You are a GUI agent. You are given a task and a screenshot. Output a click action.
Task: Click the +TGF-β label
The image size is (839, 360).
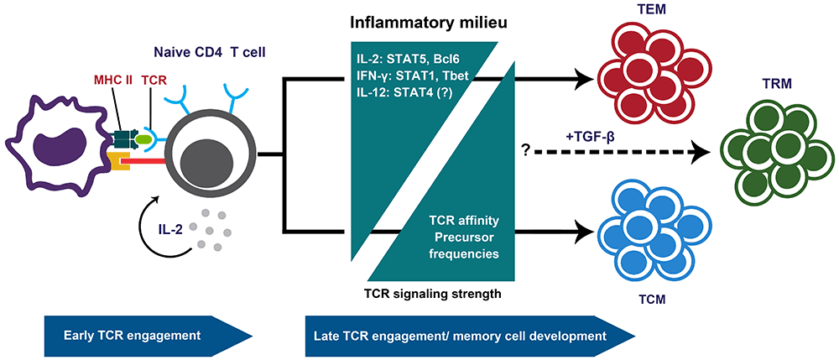(592, 133)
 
